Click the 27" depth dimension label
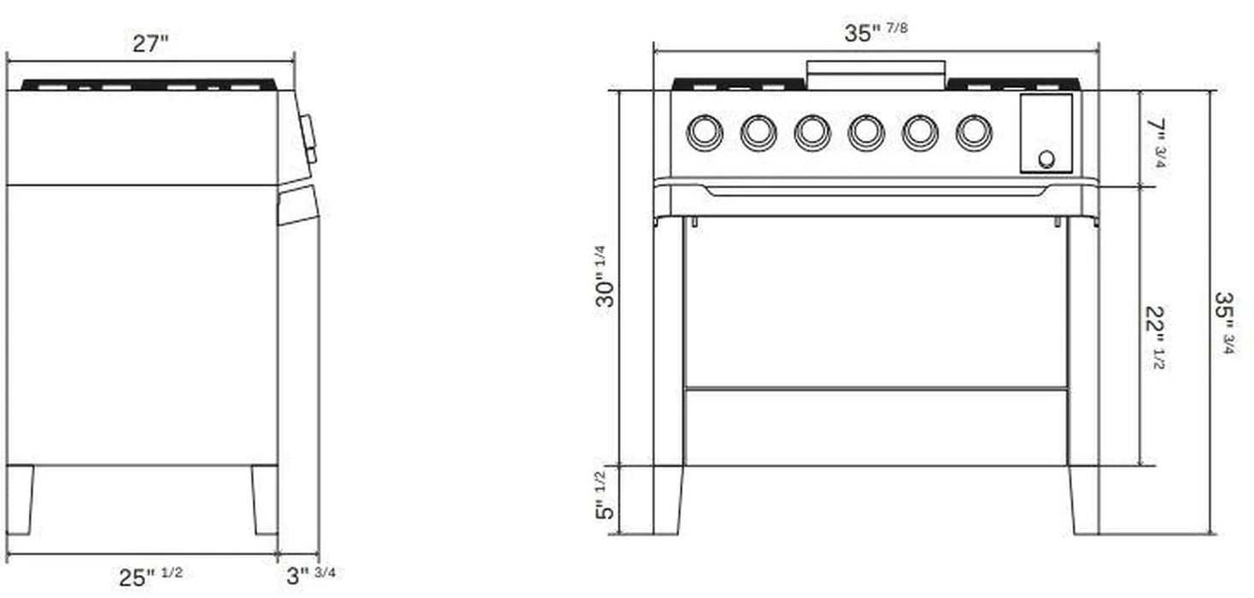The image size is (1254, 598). click(x=150, y=44)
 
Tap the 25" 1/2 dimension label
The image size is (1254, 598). click(x=150, y=577)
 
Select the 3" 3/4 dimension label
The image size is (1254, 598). click(x=311, y=575)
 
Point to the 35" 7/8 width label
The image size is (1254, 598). click(x=876, y=32)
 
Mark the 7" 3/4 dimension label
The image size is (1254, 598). click(x=1156, y=143)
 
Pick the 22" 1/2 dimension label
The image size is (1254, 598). click(x=1156, y=337)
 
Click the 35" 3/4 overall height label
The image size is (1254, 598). click(x=1225, y=323)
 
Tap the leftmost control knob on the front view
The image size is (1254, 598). click(x=705, y=133)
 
